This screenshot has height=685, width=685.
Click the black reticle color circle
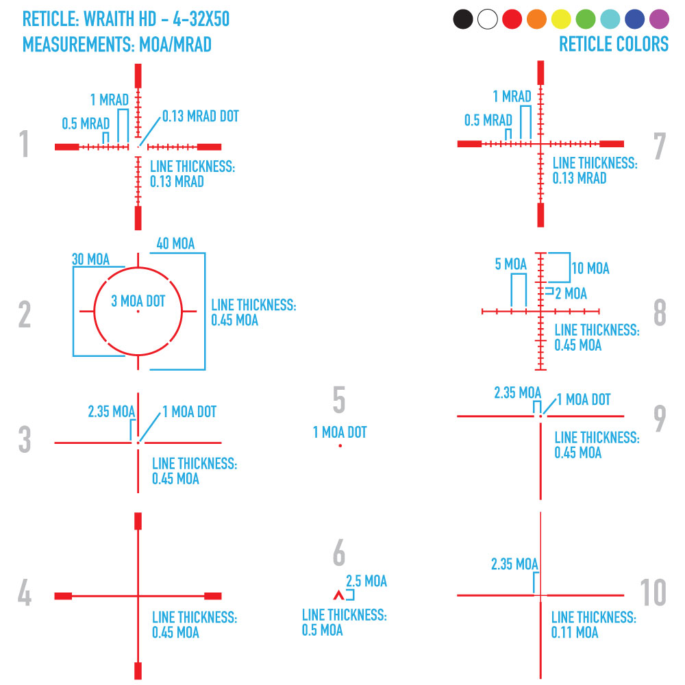pyautogui.click(x=463, y=19)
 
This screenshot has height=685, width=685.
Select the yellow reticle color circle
pyautogui.click(x=561, y=19)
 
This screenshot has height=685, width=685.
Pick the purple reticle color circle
pyautogui.click(x=659, y=19)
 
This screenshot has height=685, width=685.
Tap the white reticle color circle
pyautogui.click(x=487, y=19)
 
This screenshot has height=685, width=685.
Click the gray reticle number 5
pyautogui.click(x=339, y=401)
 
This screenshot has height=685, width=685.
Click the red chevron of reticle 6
pyautogui.click(x=337, y=595)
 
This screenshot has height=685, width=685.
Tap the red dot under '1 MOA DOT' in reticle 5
pyautogui.click(x=340, y=446)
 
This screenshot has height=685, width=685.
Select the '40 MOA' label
pyautogui.click(x=175, y=244)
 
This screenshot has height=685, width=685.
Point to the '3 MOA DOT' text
pyautogui.click(x=138, y=301)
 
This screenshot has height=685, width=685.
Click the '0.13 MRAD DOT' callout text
pyautogui.click(x=201, y=116)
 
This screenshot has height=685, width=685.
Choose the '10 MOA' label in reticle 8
pyautogui.click(x=590, y=268)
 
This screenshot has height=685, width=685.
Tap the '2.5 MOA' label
pyautogui.click(x=366, y=582)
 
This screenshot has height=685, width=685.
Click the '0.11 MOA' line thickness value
pyautogui.click(x=575, y=632)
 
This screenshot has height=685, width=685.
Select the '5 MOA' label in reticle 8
pyautogui.click(x=511, y=264)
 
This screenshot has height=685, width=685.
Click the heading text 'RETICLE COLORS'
pyautogui.click(x=613, y=45)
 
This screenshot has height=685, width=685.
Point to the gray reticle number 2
pyautogui.click(x=25, y=315)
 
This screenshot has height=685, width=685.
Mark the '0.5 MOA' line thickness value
pyautogui.click(x=323, y=630)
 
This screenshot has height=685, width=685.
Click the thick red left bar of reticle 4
pyautogui.click(x=63, y=595)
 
